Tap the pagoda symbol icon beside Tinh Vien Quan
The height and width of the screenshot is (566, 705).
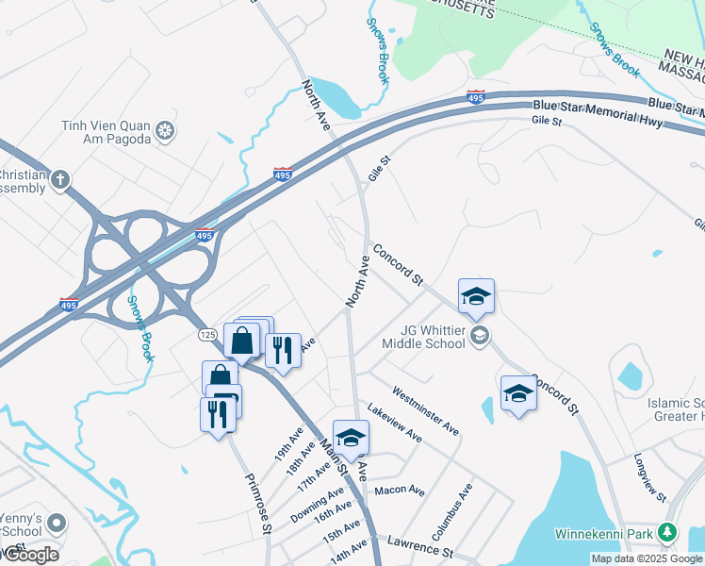click(166, 129)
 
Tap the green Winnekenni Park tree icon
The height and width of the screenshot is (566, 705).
click(667, 533)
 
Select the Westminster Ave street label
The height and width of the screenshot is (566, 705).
click(425, 411)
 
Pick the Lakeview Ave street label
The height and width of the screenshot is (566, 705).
click(393, 424)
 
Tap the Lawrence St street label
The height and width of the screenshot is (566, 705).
click(420, 546)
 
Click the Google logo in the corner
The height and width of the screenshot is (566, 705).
click(31, 555)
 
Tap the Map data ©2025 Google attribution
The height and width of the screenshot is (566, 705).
click(648, 558)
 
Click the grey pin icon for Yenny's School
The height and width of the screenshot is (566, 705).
click(57, 522)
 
